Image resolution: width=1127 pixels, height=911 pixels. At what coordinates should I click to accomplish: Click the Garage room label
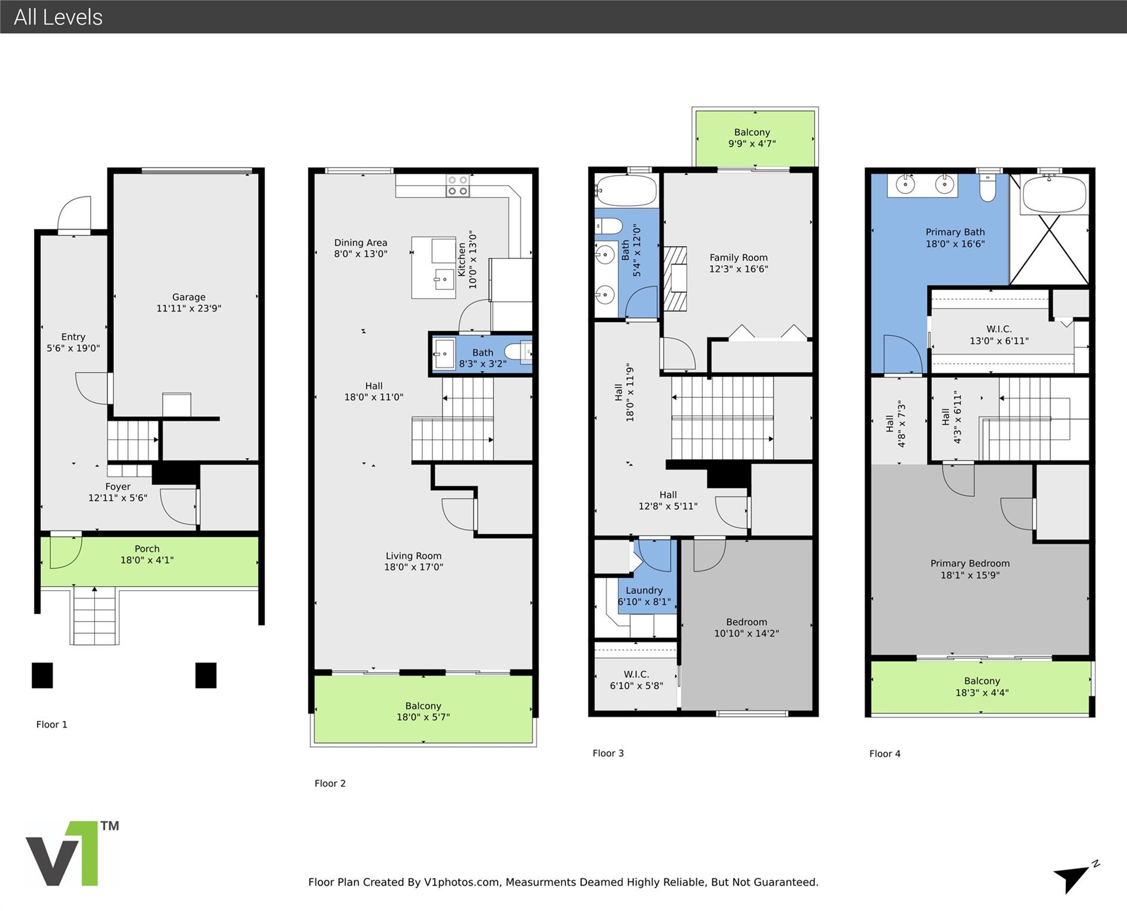tap(189, 297)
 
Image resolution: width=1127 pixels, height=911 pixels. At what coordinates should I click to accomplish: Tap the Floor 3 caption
tap(608, 753)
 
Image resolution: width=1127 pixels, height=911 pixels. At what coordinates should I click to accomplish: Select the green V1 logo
tap(72, 853)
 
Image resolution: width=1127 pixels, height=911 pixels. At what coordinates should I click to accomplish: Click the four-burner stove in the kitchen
tap(457, 185)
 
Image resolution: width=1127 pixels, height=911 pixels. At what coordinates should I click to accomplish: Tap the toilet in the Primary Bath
tap(987, 187)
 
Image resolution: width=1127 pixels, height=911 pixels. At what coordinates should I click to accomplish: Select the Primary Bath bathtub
tap(1055, 194)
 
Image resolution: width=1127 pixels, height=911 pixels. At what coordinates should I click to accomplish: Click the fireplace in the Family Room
tap(675, 279)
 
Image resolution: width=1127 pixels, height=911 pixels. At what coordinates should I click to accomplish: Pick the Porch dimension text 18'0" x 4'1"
tap(147, 560)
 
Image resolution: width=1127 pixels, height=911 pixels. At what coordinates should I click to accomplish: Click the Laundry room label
tap(644, 590)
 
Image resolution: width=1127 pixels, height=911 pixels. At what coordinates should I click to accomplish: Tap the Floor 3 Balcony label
tap(752, 132)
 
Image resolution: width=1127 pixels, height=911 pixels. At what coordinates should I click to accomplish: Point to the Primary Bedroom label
tap(970, 563)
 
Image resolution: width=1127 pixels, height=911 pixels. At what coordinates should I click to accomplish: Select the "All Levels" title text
tap(58, 17)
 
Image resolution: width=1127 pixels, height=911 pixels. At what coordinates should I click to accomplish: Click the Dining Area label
tap(361, 243)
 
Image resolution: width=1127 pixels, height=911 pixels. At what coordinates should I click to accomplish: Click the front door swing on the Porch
tap(65, 552)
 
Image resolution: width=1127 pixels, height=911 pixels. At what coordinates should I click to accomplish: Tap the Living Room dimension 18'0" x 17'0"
tap(413, 567)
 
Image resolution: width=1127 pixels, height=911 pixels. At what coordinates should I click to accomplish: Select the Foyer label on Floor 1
tap(117, 487)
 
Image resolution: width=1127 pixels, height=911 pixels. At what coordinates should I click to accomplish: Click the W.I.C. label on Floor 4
tap(999, 329)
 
